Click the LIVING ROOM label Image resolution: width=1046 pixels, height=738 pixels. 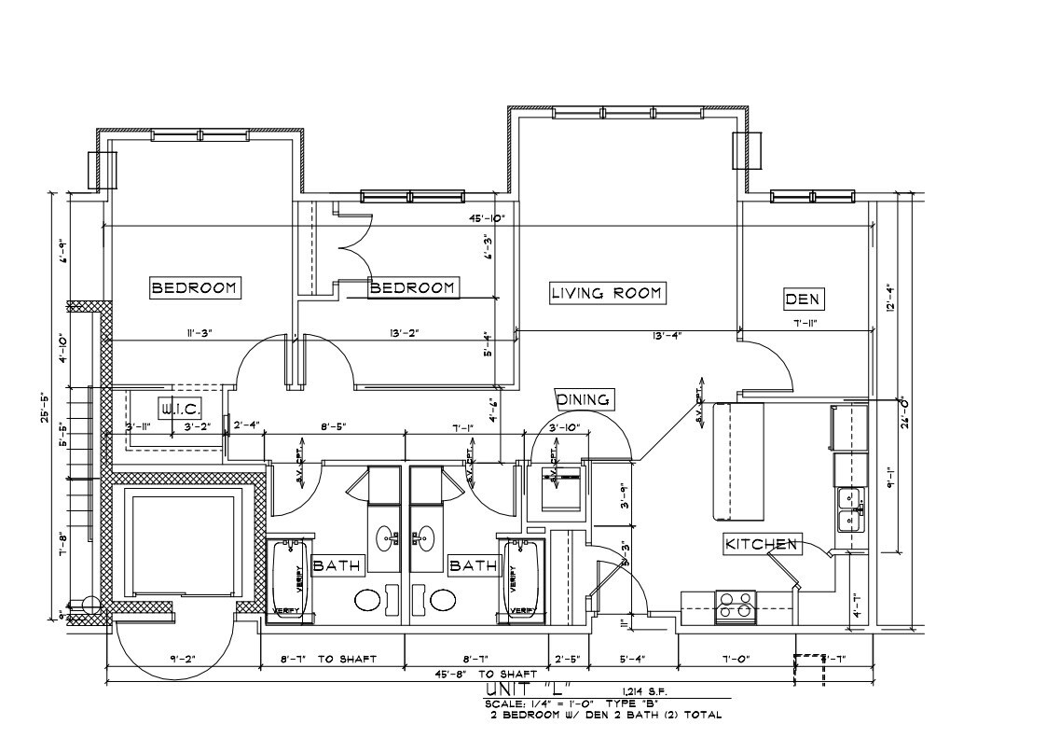[x=606, y=293]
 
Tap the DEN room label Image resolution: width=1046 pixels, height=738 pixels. [x=803, y=299]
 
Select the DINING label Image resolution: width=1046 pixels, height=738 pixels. [x=584, y=399]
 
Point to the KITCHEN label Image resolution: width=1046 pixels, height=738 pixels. [x=762, y=543]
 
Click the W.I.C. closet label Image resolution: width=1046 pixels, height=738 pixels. [x=175, y=408]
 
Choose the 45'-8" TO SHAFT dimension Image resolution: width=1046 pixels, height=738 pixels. [x=484, y=674]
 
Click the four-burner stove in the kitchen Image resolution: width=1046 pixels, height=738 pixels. [x=735, y=606]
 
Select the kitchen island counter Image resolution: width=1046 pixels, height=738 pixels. [x=737, y=462]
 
